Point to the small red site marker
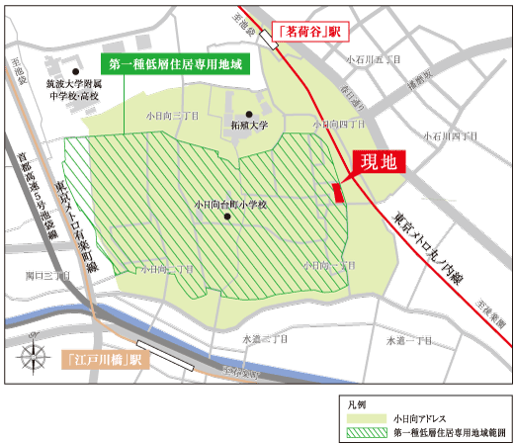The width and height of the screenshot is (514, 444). point(339,192)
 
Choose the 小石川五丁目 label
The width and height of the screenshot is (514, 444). point(374,60)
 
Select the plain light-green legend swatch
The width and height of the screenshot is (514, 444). point(363,419)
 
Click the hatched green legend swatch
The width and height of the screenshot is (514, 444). point(363,432)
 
